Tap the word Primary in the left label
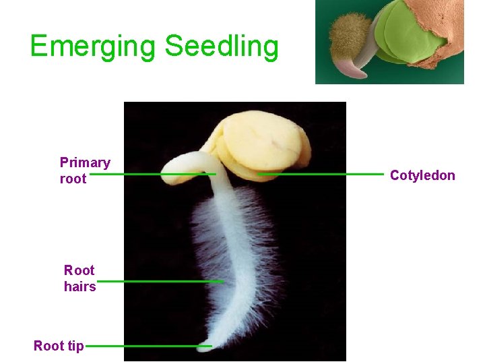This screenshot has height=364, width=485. coord(85,162)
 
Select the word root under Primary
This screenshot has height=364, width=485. coord(73,179)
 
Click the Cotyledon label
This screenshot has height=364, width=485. coord(422,176)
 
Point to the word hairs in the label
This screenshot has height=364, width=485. coord(79,286)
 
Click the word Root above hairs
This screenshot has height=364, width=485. coord(79,270)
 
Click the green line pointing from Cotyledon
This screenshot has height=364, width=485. coord(320,174)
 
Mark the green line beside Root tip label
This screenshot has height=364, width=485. coord(148,346)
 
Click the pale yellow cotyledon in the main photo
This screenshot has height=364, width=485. coord(263,142)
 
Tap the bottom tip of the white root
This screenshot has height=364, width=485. coord(203,348)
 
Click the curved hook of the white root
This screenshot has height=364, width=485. coord(182,162)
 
